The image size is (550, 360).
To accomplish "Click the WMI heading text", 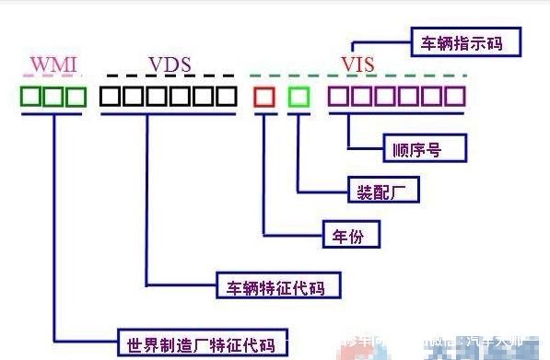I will pyautogui.click(x=53, y=64).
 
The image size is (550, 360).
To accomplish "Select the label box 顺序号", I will pyautogui.click(x=424, y=146).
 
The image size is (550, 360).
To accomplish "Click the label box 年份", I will pyautogui.click(x=350, y=236).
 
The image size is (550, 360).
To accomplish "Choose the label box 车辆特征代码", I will pyautogui.click(x=275, y=286).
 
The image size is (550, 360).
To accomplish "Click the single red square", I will pyautogui.click(x=264, y=96).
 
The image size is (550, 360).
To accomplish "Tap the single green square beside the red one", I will pyautogui.click(x=298, y=96).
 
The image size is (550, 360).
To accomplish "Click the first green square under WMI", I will pyautogui.click(x=31, y=97).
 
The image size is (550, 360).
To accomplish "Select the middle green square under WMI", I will pyautogui.click(x=54, y=97).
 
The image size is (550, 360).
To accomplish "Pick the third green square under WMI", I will pyautogui.click(x=76, y=97).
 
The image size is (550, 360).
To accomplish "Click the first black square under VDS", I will pyautogui.click(x=111, y=97).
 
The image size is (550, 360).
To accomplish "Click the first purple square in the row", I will pyautogui.click(x=338, y=97).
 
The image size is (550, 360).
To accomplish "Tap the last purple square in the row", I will pyautogui.click(x=455, y=97).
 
